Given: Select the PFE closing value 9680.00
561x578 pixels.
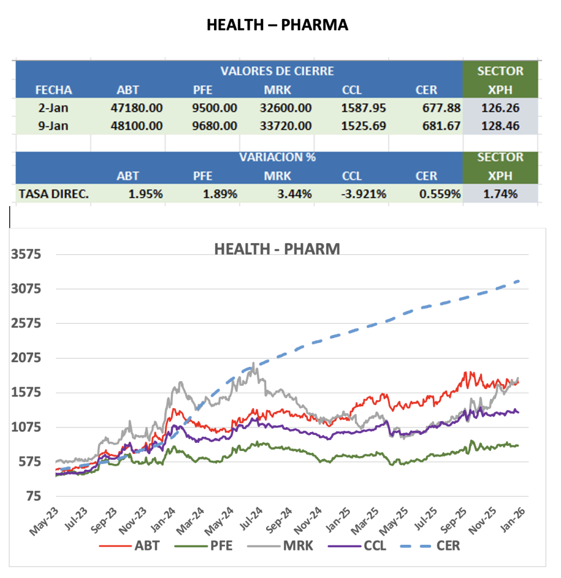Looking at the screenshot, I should point(215,126).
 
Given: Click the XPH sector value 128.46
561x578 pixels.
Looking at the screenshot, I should point(501,126).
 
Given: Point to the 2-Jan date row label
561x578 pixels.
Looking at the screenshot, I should point(54,108).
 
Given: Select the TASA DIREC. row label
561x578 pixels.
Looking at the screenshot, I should point(54,194).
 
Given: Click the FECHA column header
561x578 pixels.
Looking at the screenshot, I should point(54,90).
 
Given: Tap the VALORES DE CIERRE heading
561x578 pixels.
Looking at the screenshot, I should point(277,72).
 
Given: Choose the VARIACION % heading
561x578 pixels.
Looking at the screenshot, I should point(278,157).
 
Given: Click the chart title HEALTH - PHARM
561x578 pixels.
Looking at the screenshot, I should point(277,250).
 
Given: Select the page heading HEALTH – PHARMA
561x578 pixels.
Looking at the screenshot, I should point(277,25).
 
